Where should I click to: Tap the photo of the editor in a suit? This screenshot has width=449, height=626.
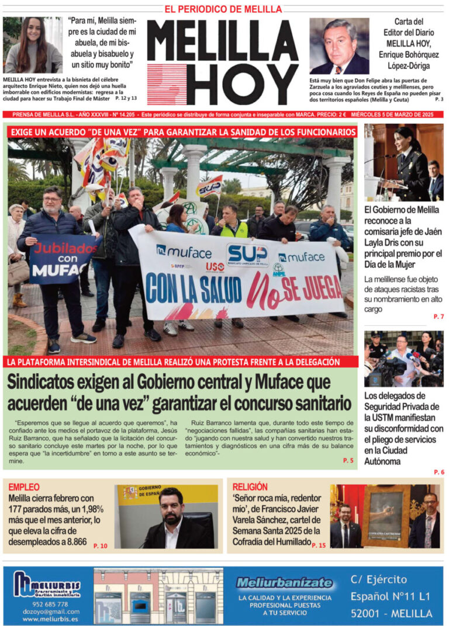click(339, 46)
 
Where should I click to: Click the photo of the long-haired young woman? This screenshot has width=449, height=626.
click(33, 45)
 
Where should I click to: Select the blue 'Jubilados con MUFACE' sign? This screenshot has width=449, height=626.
click(65, 259)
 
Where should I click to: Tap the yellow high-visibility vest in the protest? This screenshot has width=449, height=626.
click(233, 229)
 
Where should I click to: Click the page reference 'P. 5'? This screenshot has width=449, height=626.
click(348, 461)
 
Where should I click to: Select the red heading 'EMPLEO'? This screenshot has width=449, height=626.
click(24, 486)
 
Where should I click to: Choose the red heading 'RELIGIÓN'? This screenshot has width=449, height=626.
click(250, 486)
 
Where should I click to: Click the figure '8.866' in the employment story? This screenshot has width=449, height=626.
click(71, 542)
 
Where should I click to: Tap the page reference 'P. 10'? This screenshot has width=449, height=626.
click(100, 545)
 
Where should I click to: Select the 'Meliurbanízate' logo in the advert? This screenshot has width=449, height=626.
click(284, 582)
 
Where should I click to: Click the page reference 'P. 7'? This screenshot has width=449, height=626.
click(438, 316)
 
